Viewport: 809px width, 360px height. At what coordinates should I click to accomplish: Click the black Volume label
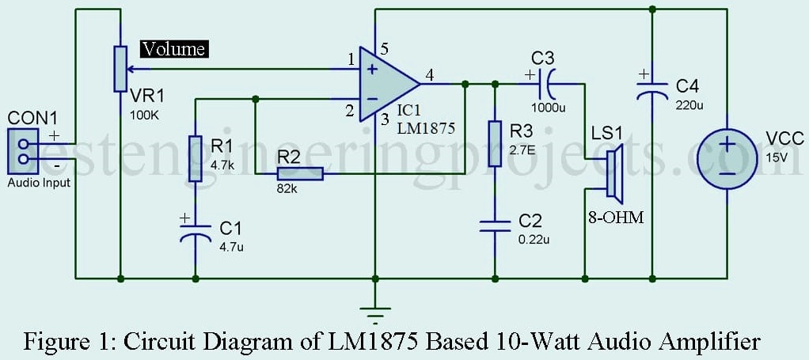(x=175, y=50)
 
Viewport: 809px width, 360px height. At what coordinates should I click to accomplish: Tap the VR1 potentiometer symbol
(x=120, y=69)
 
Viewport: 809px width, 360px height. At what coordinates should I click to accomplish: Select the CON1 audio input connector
(x=23, y=150)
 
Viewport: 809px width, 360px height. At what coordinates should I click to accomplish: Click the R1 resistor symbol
(x=195, y=158)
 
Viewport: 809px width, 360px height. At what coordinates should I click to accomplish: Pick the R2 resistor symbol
(x=300, y=174)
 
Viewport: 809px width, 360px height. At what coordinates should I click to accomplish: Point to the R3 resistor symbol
(x=495, y=143)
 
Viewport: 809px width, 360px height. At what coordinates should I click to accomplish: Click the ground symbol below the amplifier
(x=375, y=312)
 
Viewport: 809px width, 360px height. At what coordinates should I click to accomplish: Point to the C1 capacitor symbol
(x=195, y=231)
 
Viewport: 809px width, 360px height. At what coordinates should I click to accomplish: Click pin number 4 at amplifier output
(x=429, y=76)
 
